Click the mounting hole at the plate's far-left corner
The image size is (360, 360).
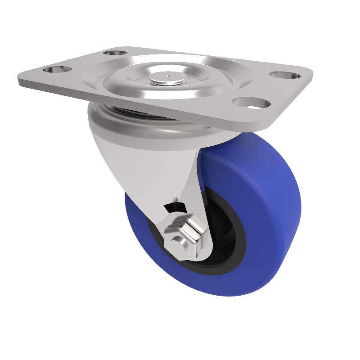point(57,70)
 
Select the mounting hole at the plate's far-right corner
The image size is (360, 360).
point(284,75)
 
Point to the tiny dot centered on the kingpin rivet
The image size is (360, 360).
point(168,76)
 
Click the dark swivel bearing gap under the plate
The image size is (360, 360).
point(135,111)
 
